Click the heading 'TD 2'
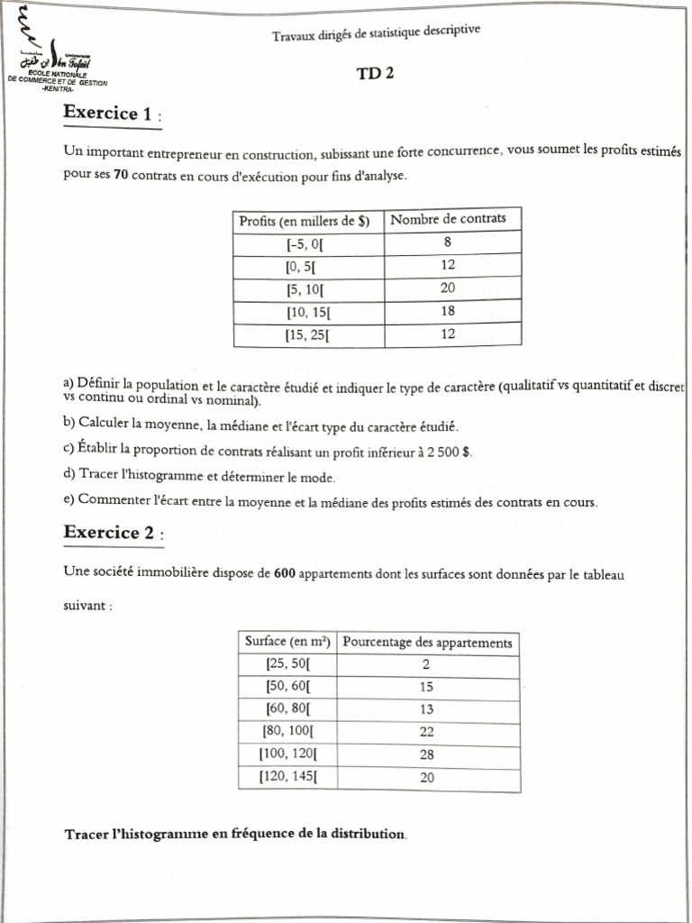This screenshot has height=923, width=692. coord(376,76)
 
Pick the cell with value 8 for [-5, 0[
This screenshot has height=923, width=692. coord(448,242)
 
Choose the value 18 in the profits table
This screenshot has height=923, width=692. coord(448,312)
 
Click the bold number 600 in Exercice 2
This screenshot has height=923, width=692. coord(285,572)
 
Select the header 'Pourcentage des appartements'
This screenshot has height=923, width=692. coord(428,643)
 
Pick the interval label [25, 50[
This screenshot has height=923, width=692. coord(287,664)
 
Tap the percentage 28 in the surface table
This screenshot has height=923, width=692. coord(427,755)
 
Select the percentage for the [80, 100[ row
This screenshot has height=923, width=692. coord(427,732)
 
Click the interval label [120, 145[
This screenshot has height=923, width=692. coord(287,777)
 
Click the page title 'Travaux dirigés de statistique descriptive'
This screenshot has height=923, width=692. coord(376,32)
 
